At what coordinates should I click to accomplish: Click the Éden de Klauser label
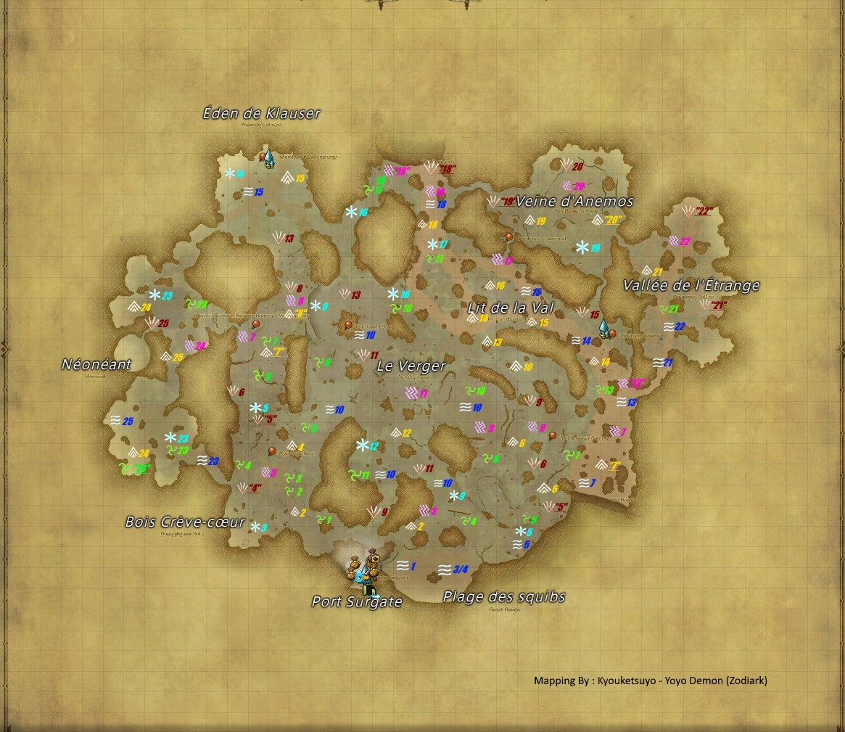261,114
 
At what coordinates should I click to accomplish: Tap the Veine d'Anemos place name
574,202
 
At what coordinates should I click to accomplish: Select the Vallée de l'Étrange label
691,286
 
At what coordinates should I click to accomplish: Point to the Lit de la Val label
511,308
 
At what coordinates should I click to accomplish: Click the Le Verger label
411,366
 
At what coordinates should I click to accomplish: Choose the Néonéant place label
96,365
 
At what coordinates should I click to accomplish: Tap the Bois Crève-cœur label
185,522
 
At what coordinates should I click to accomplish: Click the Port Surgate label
356,602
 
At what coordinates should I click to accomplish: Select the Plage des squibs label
504,597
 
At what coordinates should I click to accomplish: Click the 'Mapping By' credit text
650,680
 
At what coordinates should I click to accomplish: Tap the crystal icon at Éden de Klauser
269,157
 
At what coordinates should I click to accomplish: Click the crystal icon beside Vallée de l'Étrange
603,329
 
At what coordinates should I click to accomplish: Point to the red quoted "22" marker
704,212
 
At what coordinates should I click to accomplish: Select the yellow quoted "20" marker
614,220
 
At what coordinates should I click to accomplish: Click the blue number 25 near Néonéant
128,421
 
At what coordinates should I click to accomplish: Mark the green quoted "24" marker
142,468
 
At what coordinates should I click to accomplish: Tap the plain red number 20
578,167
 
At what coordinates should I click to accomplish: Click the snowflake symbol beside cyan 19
582,247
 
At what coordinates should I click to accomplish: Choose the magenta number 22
685,242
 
